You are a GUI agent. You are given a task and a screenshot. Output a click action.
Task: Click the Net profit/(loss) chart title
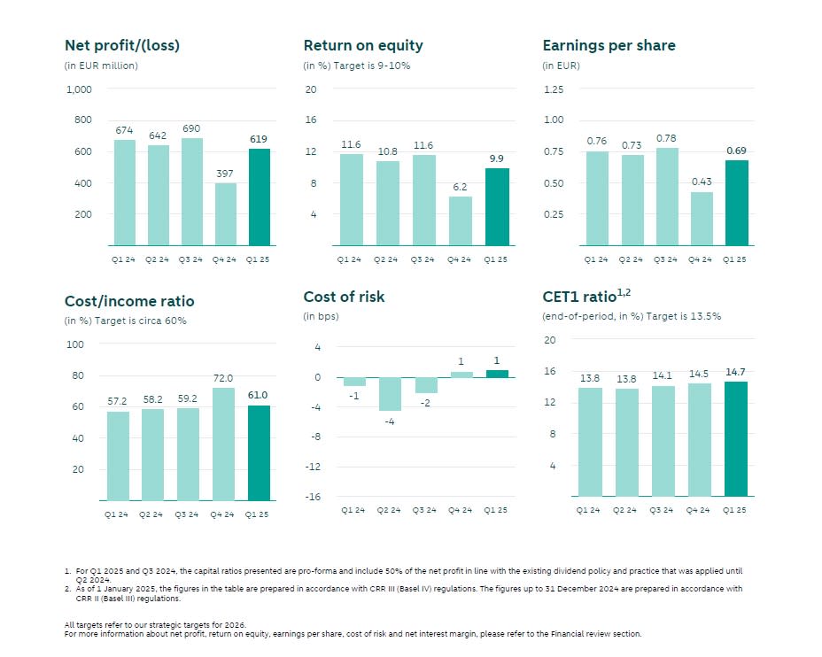(x=122, y=45)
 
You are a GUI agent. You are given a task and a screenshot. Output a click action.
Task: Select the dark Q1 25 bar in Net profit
(x=260, y=197)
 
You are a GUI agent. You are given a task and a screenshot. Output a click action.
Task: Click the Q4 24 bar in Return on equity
(x=460, y=221)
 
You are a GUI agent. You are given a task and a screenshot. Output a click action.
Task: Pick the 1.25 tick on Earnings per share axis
(x=553, y=89)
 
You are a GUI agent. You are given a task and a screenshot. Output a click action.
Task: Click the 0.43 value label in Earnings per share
(x=702, y=182)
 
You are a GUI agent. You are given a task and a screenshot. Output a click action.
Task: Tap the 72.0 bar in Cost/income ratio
(x=224, y=444)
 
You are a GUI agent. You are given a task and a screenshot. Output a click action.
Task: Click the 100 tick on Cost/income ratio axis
(x=75, y=344)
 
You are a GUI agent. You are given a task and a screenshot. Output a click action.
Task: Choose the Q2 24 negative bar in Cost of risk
(x=389, y=394)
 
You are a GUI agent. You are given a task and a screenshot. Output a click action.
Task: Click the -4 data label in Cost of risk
(x=389, y=421)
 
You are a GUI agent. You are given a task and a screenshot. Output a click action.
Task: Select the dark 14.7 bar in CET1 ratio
(x=736, y=438)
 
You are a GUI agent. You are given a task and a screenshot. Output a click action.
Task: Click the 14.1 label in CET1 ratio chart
(x=663, y=375)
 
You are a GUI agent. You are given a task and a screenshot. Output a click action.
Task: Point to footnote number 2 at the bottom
(x=67, y=588)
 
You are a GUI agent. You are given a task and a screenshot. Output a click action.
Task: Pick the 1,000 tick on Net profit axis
(x=79, y=89)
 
